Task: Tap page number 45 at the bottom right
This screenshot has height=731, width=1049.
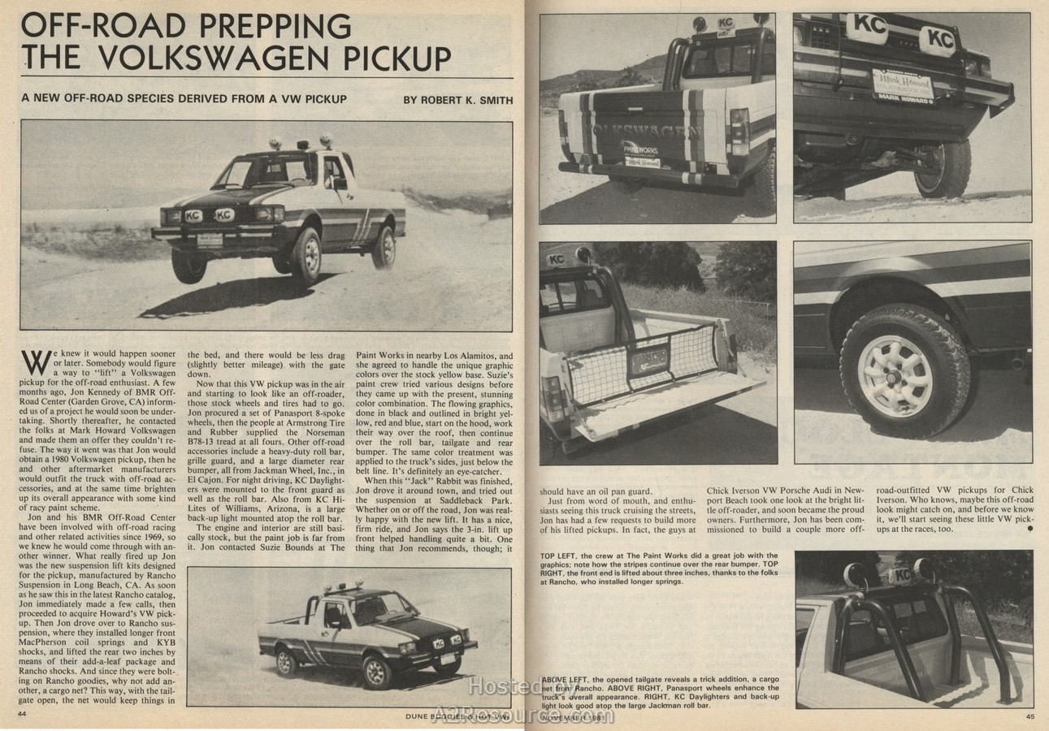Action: tap(1029, 716)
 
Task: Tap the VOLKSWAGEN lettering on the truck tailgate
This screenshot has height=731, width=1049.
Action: tap(646, 130)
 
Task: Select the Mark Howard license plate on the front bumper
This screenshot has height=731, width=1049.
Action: tap(903, 85)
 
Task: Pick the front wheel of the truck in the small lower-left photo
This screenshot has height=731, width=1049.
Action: tap(378, 672)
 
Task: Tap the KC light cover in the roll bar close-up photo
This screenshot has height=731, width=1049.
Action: tap(900, 575)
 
